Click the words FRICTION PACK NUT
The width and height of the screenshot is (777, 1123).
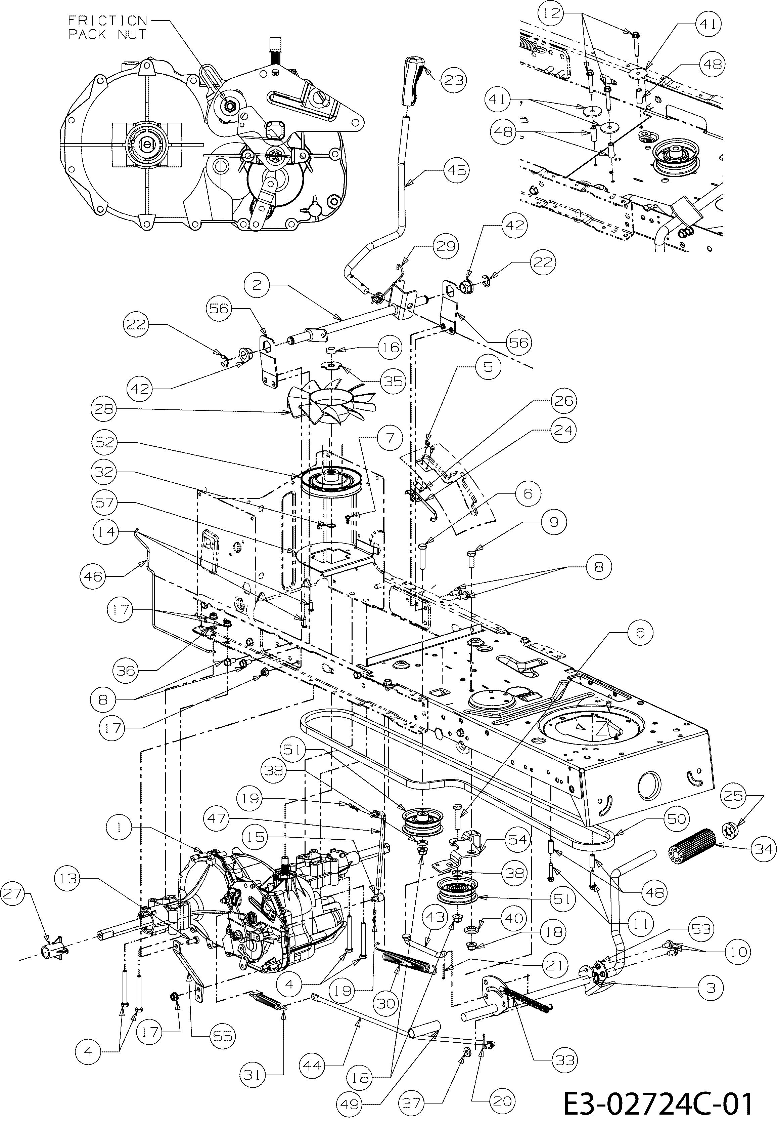tap(107, 27)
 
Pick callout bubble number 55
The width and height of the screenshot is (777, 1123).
tap(223, 1036)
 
